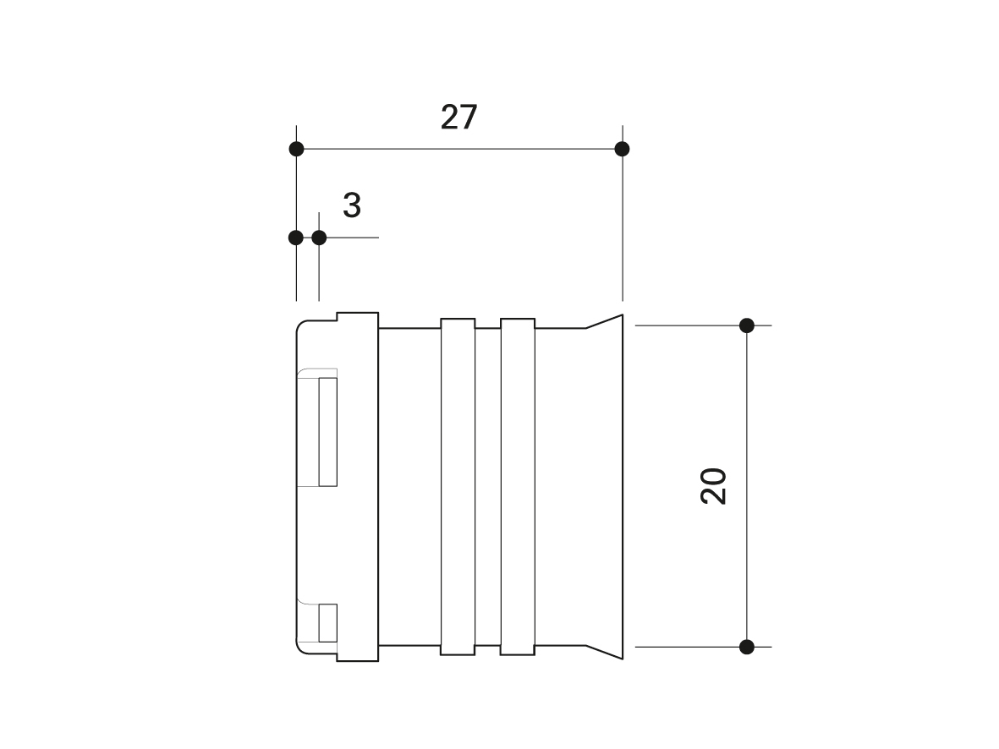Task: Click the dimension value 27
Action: point(458,118)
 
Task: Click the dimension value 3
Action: point(352,205)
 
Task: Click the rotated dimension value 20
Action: point(713,487)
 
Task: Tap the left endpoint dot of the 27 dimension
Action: point(296,149)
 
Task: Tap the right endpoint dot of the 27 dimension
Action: point(623,149)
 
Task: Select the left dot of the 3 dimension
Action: point(295,238)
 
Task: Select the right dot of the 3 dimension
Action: point(319,238)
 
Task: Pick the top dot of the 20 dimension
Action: point(747,325)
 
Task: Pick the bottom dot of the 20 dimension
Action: point(747,647)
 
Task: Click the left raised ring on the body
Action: point(458,487)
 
